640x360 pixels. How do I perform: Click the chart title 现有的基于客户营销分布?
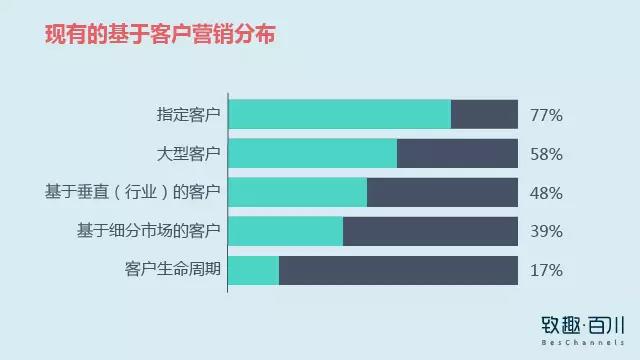[x=160, y=35]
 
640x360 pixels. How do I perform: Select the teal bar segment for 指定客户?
[x=340, y=115]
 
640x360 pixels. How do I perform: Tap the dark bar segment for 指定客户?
[x=484, y=115]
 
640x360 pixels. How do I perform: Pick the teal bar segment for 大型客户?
[x=313, y=154]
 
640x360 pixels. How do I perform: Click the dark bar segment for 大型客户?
[x=457, y=154]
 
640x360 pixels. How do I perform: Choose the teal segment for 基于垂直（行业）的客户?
[x=298, y=192]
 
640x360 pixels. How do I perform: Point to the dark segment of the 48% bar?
[x=442, y=192]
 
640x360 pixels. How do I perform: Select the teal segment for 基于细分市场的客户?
[x=286, y=231]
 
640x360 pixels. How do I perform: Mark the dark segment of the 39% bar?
[x=430, y=231]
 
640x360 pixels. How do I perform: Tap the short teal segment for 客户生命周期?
[x=254, y=270]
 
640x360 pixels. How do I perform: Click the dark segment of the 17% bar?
[x=398, y=270]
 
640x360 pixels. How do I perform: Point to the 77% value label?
[x=546, y=116]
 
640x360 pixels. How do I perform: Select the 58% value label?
[x=546, y=155]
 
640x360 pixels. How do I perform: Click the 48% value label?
[x=546, y=193]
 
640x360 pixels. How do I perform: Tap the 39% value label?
[x=546, y=232]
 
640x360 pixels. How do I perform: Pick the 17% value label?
[x=546, y=271]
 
